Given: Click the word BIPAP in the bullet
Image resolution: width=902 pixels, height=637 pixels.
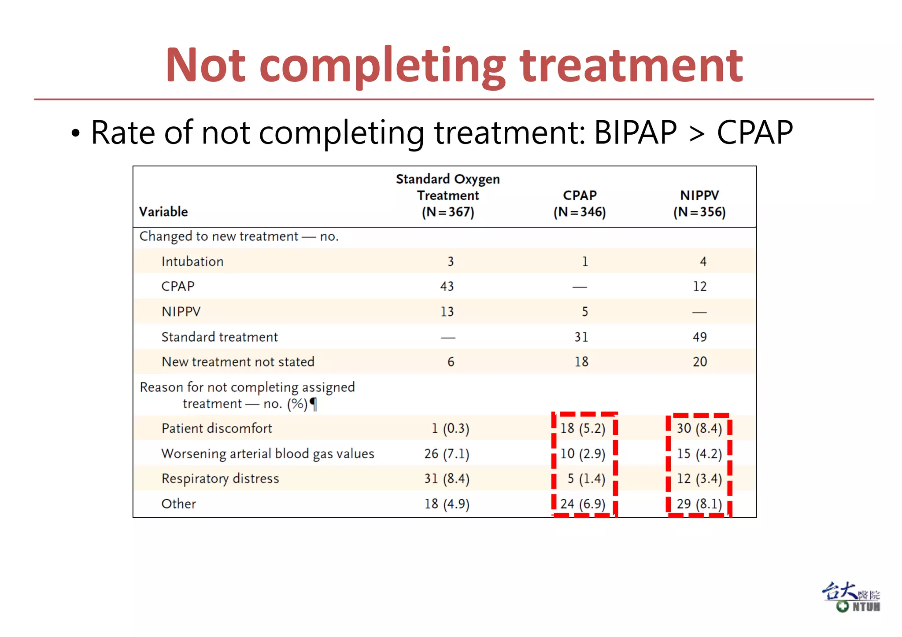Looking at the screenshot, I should pos(635,133).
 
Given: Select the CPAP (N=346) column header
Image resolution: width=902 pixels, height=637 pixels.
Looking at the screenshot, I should pos(580,203).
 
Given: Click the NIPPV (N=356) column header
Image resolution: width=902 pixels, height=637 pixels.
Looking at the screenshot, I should pos(699,203).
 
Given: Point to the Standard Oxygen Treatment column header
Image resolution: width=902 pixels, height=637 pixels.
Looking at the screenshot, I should pos(447,195).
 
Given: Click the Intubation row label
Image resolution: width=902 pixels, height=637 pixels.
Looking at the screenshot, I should pos(192,261).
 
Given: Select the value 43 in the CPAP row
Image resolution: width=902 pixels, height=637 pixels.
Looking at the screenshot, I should pos(447,287).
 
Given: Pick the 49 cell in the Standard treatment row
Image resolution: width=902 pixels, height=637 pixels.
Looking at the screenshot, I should pos(699,337).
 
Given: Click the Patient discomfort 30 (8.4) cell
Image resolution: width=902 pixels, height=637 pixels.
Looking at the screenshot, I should pos(699,428).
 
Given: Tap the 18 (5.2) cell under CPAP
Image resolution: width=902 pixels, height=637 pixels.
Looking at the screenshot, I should pos(583,428).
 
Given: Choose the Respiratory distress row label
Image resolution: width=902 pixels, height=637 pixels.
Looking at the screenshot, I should pos(220,479).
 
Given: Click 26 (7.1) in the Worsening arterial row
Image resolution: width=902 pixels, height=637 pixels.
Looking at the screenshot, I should pos(447,453).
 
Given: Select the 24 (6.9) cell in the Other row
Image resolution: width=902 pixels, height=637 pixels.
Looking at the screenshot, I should pos(583,504).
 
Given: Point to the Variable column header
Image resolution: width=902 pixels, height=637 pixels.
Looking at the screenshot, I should pos(163,212).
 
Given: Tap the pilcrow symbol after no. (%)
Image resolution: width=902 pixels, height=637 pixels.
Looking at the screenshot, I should pos(313,404).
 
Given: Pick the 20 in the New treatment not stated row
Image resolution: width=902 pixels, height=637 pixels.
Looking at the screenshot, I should pos(699,362).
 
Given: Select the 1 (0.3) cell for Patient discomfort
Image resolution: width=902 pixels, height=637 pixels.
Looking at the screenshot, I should pos(450,428).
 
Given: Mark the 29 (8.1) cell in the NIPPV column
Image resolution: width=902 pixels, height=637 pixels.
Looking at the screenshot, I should pos(699,504).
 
